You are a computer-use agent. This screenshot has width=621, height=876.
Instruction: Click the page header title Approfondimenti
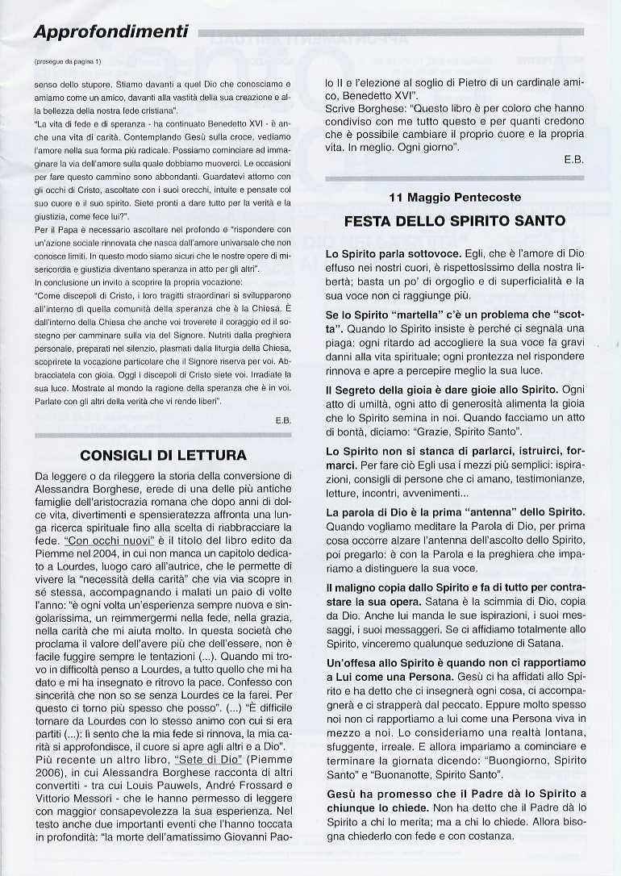click(x=111, y=32)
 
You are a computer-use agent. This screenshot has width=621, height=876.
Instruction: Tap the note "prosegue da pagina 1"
click(x=69, y=61)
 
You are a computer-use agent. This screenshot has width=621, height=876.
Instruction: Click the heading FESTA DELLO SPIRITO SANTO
click(x=455, y=220)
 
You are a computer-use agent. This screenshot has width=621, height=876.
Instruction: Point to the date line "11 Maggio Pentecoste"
click(x=455, y=197)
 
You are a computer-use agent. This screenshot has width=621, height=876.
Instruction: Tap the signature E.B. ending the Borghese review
click(x=573, y=160)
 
